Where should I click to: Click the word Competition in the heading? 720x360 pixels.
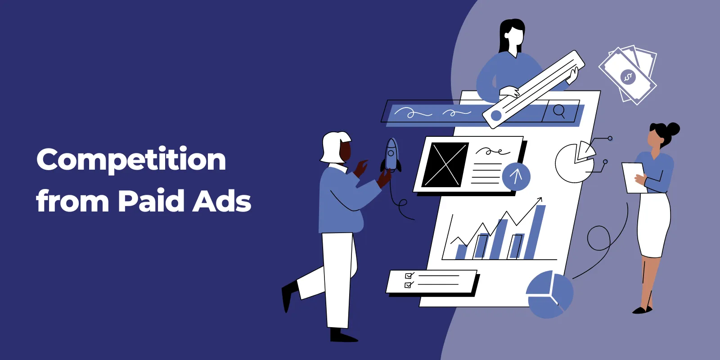[x=131, y=160]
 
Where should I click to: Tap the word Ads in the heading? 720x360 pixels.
[x=221, y=201]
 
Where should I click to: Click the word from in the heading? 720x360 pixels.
[x=72, y=201]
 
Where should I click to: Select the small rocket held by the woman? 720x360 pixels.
[x=391, y=155]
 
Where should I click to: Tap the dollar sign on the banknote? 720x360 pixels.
[x=628, y=77]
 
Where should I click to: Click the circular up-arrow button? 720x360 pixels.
[x=516, y=176]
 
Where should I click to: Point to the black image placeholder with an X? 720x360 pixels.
[x=445, y=165]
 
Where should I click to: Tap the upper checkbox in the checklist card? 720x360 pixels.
[x=409, y=276]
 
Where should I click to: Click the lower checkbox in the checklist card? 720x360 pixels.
[x=408, y=285]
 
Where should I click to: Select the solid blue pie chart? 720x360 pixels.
[x=549, y=294]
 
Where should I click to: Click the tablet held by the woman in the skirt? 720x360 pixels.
[x=634, y=178]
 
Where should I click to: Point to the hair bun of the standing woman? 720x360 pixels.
[x=673, y=129]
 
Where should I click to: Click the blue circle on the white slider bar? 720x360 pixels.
[x=496, y=116]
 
